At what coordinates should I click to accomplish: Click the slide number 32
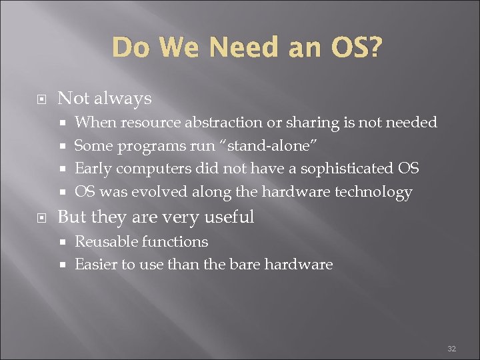451,349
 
